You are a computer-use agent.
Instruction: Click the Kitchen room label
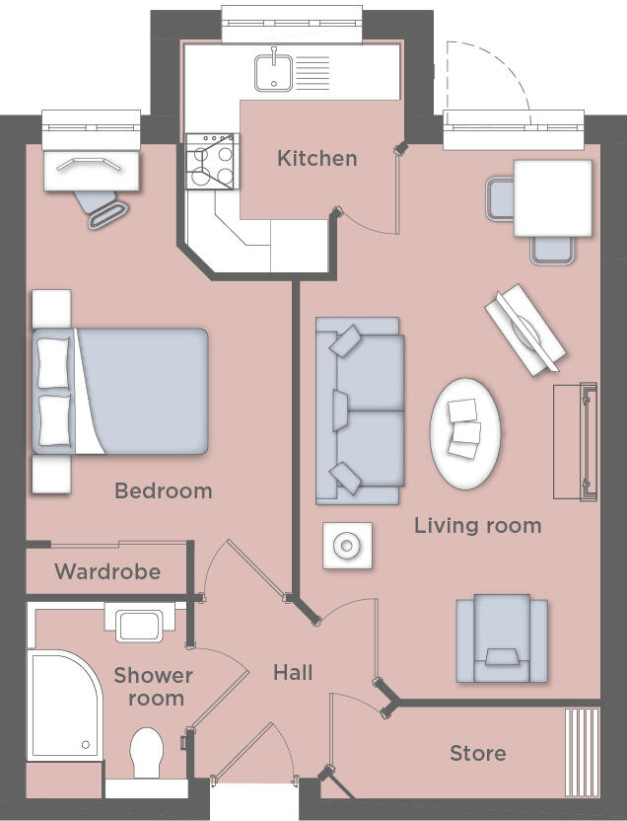[316, 158]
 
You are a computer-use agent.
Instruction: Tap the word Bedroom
[163, 490]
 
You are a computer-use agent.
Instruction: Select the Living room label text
[477, 525]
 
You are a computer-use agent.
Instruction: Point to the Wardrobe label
[107, 572]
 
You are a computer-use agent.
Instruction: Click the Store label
[477, 754]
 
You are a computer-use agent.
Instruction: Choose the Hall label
[293, 673]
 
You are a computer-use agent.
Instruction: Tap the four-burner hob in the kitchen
[212, 162]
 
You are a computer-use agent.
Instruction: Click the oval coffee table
[465, 432]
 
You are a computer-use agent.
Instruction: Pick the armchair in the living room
[501, 639]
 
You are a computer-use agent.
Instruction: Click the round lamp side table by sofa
[347, 545]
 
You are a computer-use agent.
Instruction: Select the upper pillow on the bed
[55, 362]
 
